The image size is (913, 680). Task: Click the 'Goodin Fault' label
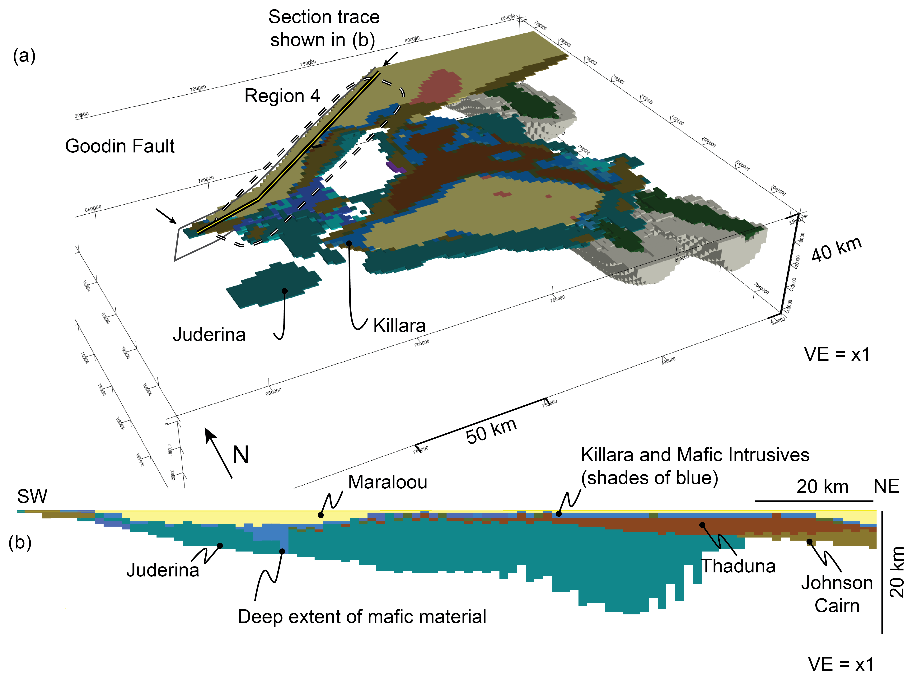coord(120,146)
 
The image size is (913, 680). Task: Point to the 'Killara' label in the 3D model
coord(399,326)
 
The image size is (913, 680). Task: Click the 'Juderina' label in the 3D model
coord(209,335)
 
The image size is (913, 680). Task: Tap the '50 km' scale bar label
coord(491,431)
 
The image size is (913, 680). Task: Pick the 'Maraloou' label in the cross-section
coord(387,482)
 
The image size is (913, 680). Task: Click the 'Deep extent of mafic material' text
coord(362,617)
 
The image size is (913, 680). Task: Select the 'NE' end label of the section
coord(886,487)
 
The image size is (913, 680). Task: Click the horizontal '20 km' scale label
coord(822,487)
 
